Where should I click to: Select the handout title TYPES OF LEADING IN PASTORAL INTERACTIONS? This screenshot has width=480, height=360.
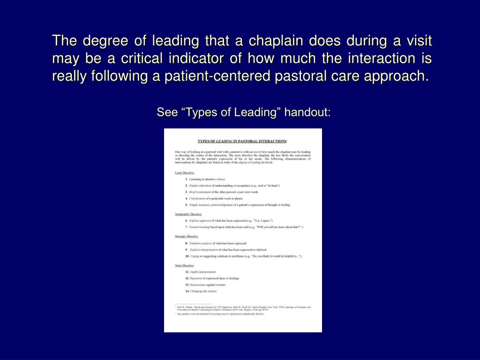[x=242, y=141]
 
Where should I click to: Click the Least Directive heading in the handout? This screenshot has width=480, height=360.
[x=185, y=173]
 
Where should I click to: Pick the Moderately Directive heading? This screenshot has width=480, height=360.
[x=188, y=214]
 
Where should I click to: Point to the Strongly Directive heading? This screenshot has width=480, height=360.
[x=187, y=236]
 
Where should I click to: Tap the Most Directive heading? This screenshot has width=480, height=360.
[x=185, y=265]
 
